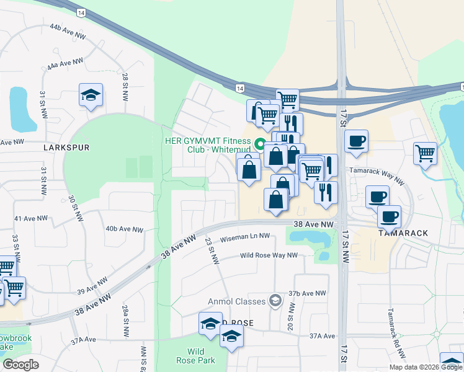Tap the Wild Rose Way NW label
[269, 255]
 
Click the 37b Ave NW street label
[306, 293]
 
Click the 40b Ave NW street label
[124, 229]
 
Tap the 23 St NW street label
[212, 251]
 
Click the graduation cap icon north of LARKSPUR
[91, 95]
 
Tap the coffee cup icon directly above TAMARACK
[389, 216]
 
